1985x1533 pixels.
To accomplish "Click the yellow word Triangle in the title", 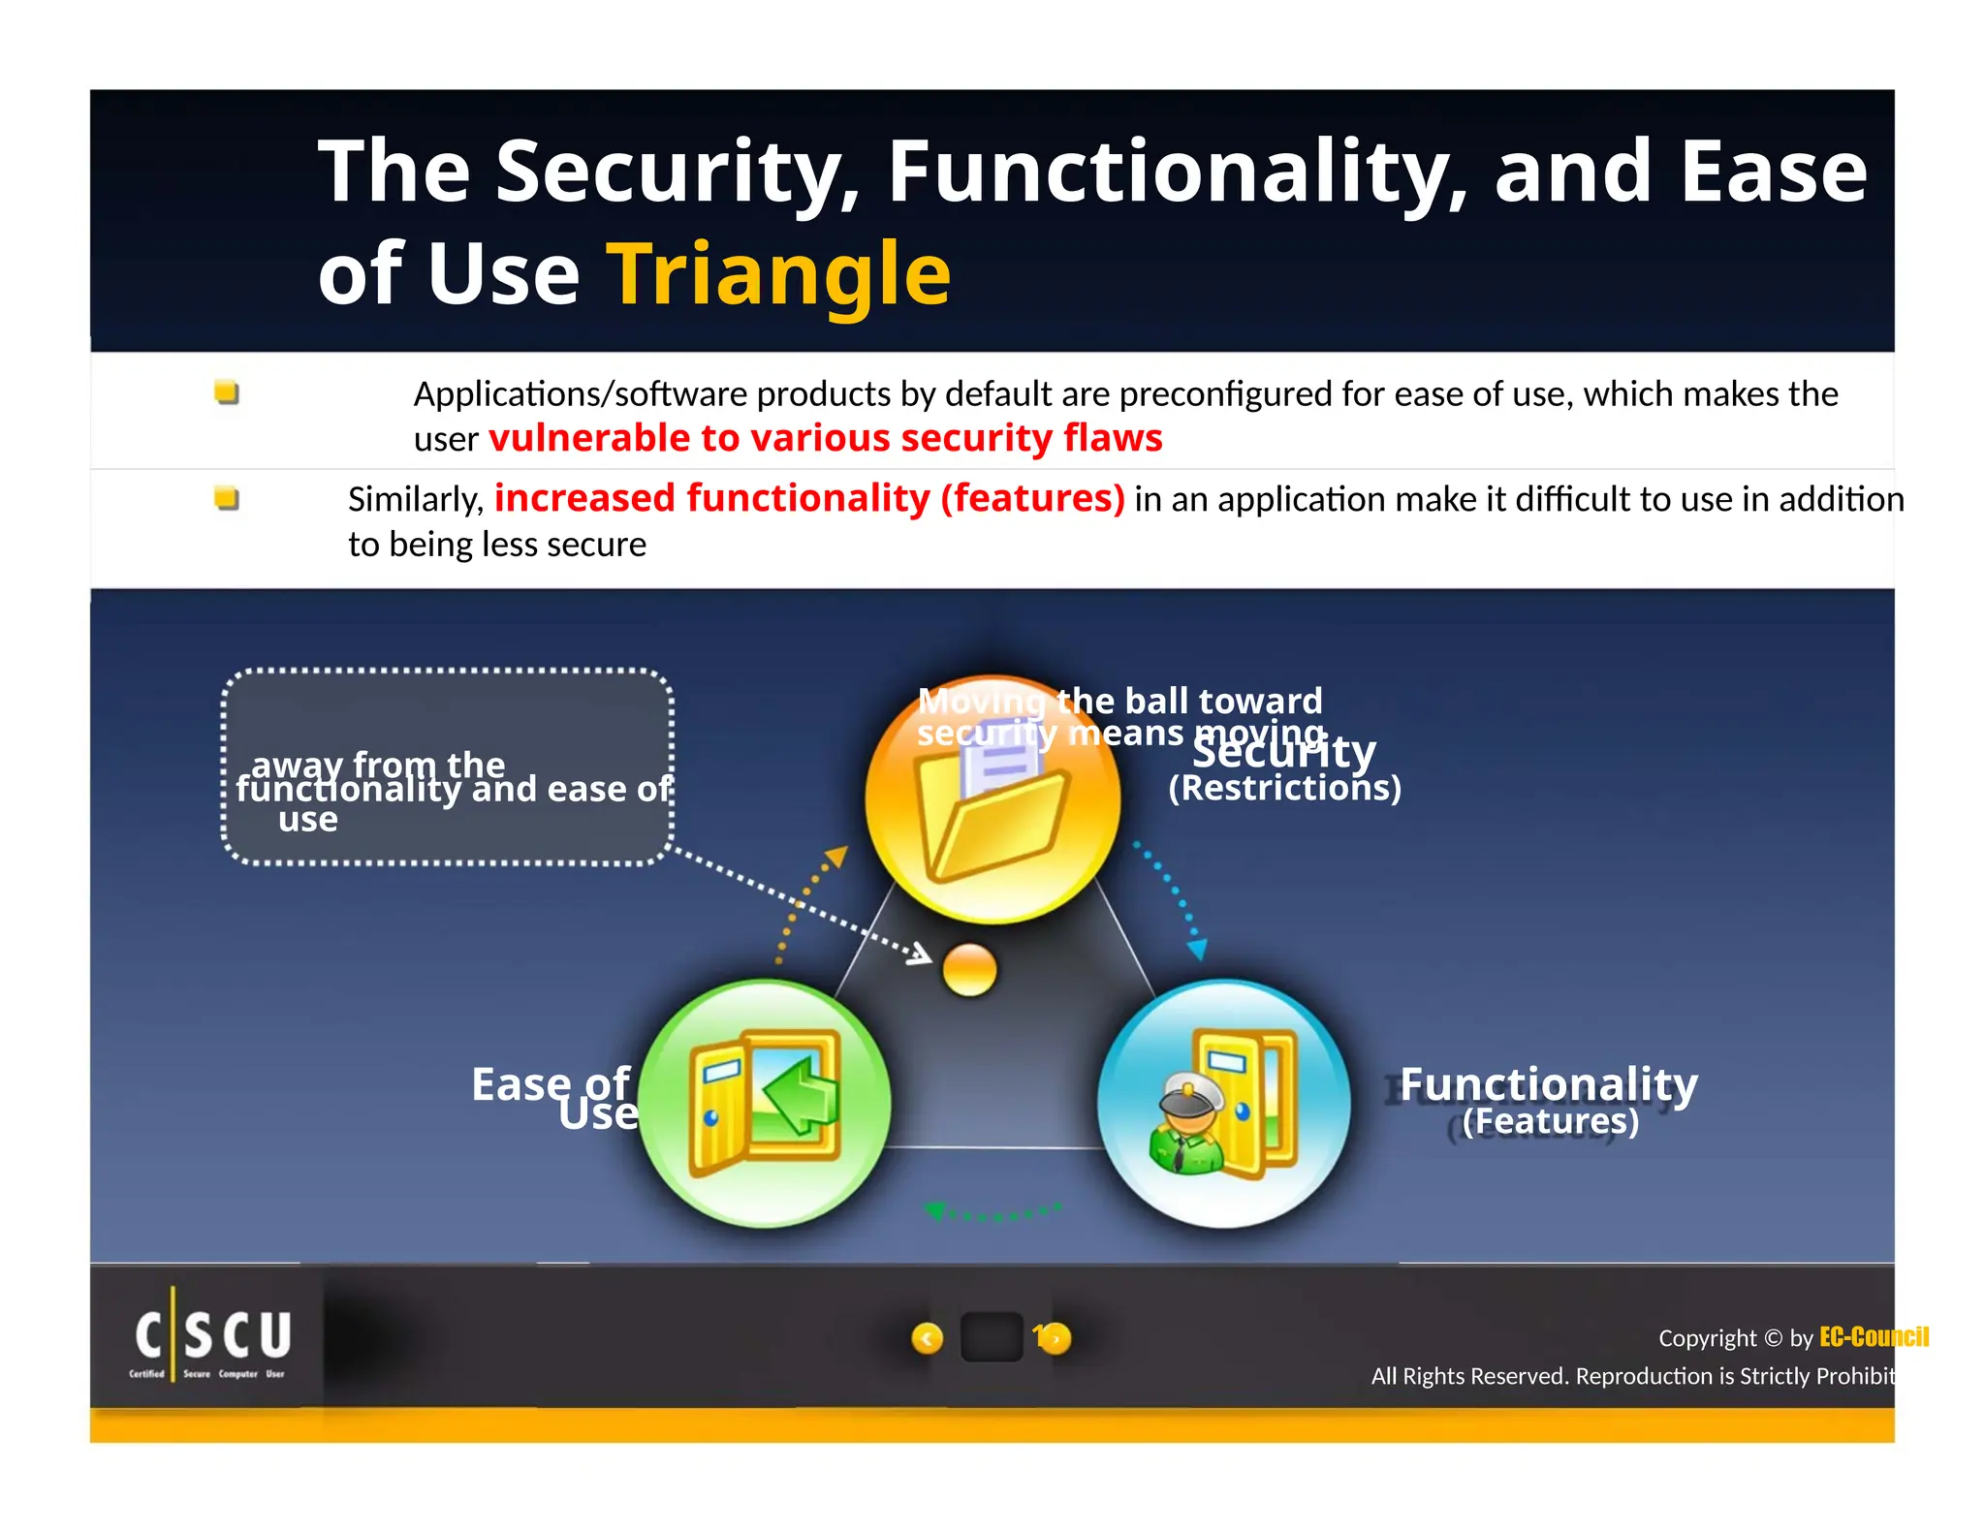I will pyautogui.click(x=778, y=274).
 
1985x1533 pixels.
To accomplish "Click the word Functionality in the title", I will pyautogui.click(x=1175, y=172).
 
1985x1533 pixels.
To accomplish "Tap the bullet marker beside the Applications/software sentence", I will pyautogui.click(x=227, y=392).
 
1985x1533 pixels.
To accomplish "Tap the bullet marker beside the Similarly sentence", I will pyautogui.click(x=227, y=498).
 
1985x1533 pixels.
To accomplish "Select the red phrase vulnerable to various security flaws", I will pyautogui.click(x=825, y=438).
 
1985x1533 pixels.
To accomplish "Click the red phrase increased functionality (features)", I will pyautogui.click(x=808, y=498).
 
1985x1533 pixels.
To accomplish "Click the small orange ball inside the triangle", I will pyautogui.click(x=968, y=969).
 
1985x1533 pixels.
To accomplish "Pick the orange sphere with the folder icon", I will pyautogui.click(x=992, y=800).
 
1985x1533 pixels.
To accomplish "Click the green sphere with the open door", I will pyautogui.click(x=765, y=1103).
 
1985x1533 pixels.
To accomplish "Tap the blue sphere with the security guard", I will pyautogui.click(x=1223, y=1103).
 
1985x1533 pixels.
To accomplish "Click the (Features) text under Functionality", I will pyautogui.click(x=1550, y=1122).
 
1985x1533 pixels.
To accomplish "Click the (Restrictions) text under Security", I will pyautogui.click(x=1284, y=788).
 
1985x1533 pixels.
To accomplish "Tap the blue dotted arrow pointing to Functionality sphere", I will pyautogui.click(x=1175, y=897).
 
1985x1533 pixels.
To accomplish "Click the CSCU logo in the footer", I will pyautogui.click(x=212, y=1338).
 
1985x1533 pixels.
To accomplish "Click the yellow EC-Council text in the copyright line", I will pyautogui.click(x=1873, y=1337).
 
